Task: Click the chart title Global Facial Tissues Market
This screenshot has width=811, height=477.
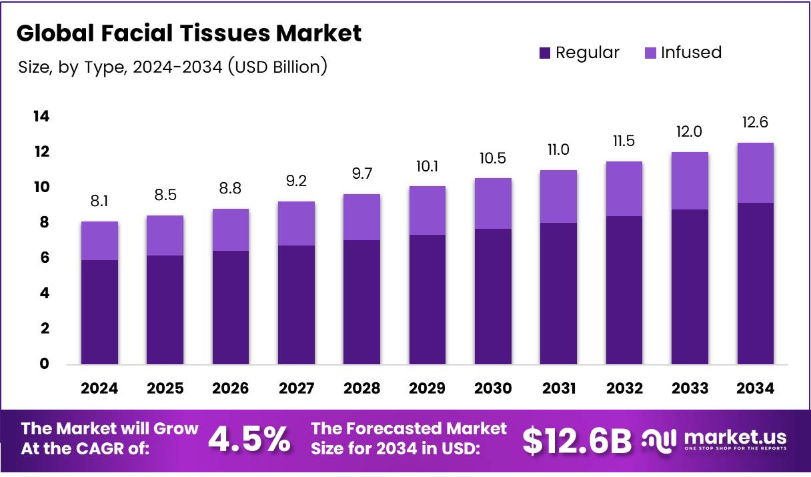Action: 189,33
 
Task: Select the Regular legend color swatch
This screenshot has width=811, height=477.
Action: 545,53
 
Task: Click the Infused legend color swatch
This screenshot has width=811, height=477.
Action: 650,53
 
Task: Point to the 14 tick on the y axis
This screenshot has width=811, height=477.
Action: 41,117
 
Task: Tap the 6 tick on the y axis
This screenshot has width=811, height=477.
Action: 44,258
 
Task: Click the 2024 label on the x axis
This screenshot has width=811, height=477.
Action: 99,388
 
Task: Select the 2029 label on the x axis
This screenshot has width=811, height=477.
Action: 428,388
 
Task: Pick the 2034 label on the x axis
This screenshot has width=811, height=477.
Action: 756,388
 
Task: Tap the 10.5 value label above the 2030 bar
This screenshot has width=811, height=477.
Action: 493,158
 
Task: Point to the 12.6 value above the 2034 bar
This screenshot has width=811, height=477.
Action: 756,122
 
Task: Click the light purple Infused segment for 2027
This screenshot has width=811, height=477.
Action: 296,223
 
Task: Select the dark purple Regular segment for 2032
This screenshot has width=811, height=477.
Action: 624,290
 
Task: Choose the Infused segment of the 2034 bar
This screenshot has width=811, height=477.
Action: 756,173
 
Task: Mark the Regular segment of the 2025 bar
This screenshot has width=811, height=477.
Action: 165,310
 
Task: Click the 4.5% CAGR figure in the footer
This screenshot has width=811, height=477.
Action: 249,440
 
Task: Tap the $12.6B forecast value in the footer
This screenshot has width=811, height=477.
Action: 576,440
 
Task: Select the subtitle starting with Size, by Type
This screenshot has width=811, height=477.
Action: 172,67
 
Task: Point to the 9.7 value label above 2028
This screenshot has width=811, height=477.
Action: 361,173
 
